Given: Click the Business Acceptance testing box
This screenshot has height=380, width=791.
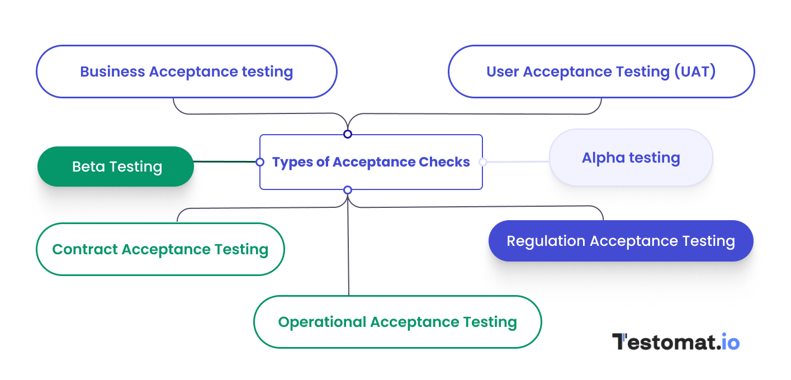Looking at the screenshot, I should (186, 72).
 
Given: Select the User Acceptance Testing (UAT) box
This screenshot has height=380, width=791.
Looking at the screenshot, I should (601, 72).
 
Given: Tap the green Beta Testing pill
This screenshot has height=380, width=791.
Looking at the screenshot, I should (116, 167).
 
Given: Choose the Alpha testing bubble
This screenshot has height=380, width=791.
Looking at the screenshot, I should (631, 158).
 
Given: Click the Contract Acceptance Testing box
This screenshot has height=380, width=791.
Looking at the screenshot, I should (160, 249).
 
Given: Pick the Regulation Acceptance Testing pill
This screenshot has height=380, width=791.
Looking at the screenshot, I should (621, 241).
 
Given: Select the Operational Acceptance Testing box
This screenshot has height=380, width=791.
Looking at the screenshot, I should (397, 322).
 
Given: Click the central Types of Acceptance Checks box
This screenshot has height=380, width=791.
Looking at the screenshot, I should (371, 162).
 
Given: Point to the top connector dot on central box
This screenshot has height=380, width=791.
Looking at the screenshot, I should (348, 134).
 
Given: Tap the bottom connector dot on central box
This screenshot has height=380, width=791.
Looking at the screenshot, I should (348, 190).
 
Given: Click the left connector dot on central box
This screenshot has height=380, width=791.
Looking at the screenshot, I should (260, 162).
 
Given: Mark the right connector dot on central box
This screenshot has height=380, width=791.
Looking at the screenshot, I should (483, 162).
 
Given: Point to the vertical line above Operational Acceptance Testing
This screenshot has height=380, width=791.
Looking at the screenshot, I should (348, 251).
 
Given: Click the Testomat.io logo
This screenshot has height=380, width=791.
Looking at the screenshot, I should (675, 342).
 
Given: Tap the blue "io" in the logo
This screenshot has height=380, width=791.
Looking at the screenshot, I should (730, 342).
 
